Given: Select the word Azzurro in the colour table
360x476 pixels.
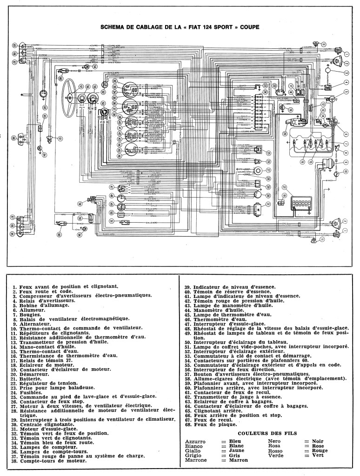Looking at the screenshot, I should coord(195,440).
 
